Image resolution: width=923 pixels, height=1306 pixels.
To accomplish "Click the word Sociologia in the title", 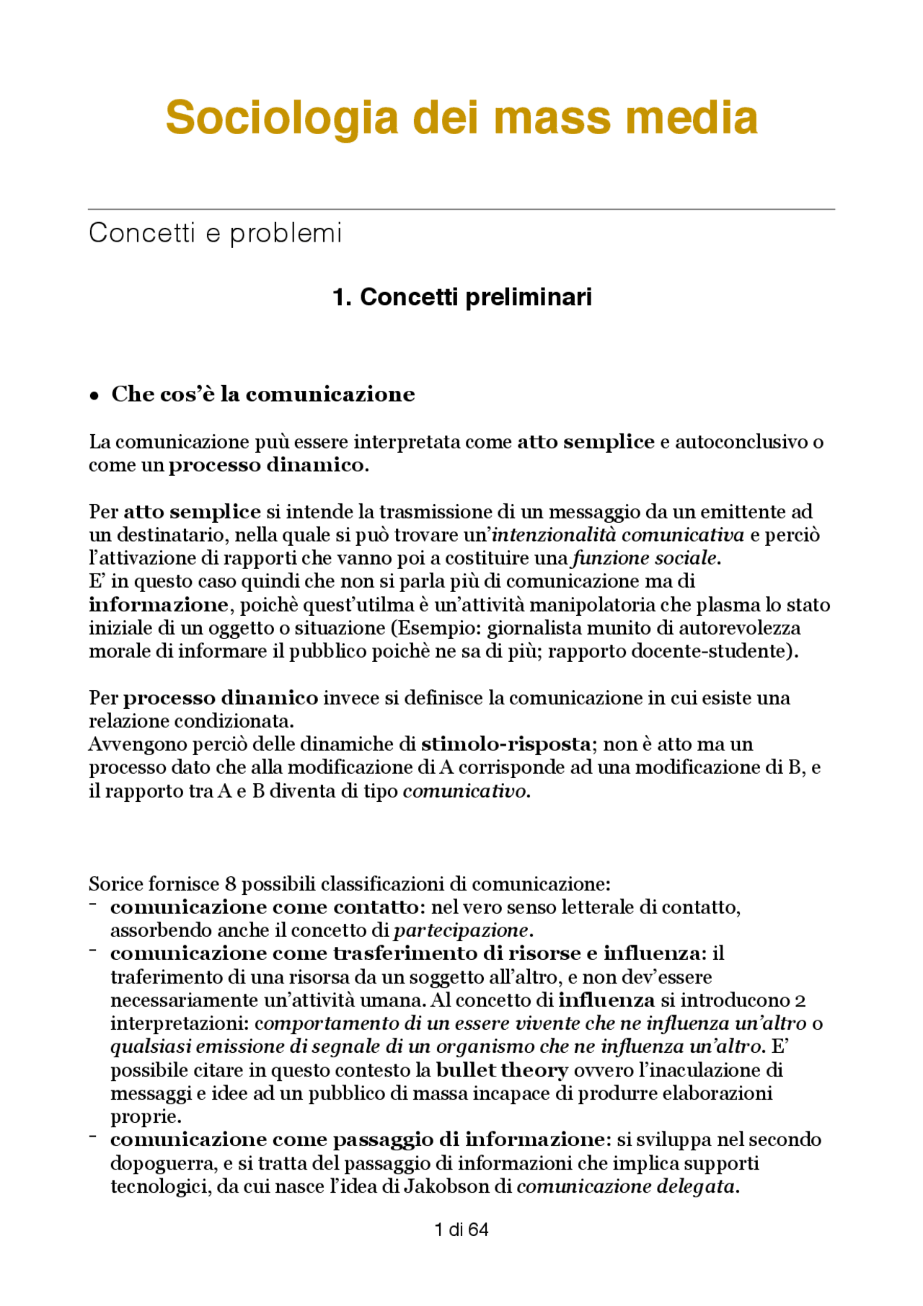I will point(281,118).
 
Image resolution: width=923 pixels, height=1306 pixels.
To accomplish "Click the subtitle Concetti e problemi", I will point(215,233).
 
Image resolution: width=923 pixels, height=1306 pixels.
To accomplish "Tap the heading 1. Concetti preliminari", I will point(461,297).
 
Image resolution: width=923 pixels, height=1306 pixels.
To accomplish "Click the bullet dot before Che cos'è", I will point(94,396).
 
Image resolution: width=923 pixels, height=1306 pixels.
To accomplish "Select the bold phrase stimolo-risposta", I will point(505,744).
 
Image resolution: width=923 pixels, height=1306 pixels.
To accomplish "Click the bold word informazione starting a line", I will point(159,604).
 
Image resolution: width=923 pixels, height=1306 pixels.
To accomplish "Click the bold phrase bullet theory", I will point(503,1070).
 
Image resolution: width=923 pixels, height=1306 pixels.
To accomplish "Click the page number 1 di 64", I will point(461,1230).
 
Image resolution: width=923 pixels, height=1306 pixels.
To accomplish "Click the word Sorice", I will point(115,884).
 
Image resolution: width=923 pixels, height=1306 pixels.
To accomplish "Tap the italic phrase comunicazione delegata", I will point(627,1186).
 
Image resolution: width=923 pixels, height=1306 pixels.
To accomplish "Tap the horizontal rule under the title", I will point(461,210).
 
